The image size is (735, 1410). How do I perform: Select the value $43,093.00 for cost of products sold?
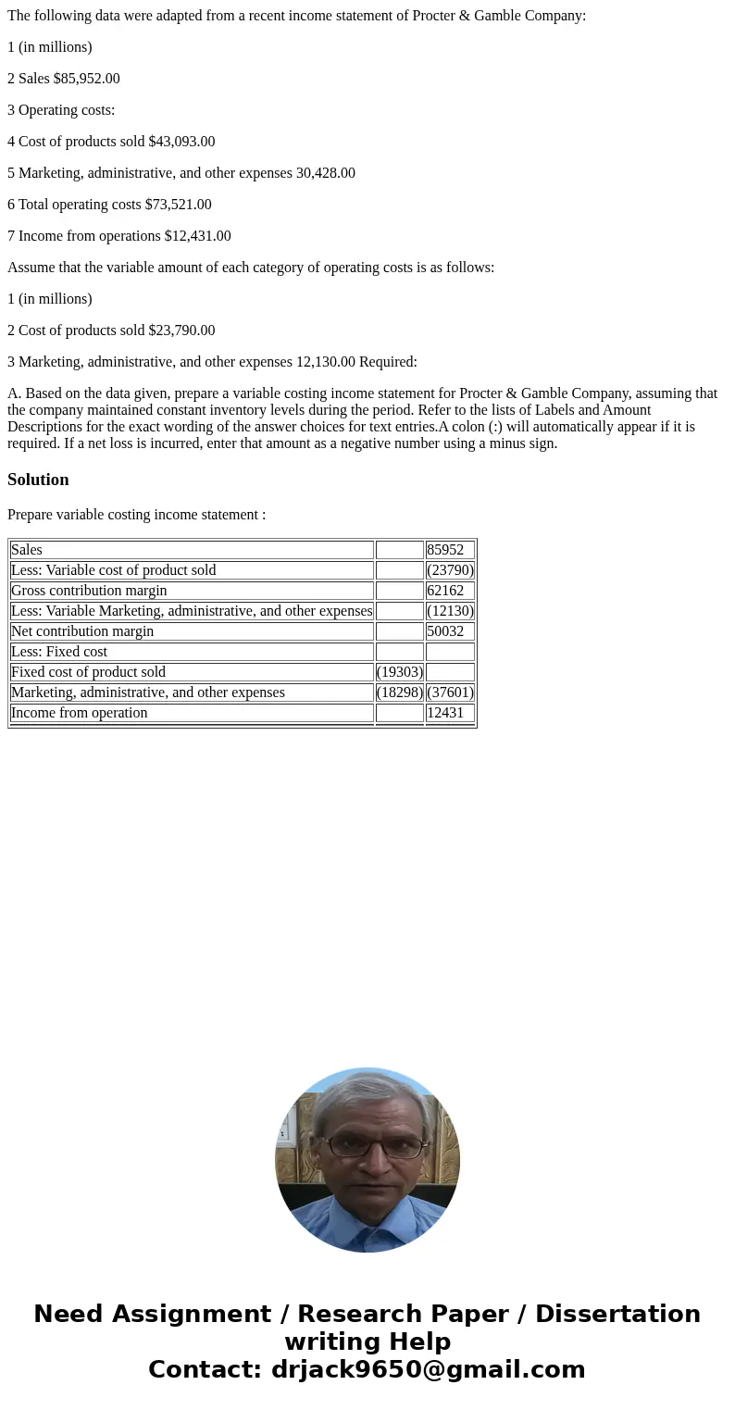pyautogui.click(x=181, y=142)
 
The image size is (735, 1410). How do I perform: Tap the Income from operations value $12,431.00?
pyautogui.click(x=197, y=236)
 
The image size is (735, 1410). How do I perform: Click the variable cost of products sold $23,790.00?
pyautogui.click(x=181, y=331)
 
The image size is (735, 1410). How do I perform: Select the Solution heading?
pyautogui.click(x=38, y=480)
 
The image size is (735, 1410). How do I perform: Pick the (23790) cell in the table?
pyautogui.click(x=450, y=570)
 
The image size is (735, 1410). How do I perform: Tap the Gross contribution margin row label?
pyautogui.click(x=89, y=591)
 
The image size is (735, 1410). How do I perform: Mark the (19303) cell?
pyautogui.click(x=400, y=672)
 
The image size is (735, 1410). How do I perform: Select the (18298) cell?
pyautogui.click(x=400, y=693)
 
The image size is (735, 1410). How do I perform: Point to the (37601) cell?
pyautogui.click(x=450, y=693)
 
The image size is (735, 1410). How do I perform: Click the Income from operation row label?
pyautogui.click(x=80, y=713)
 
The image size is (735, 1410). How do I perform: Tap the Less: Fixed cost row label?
pyautogui.click(x=59, y=652)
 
